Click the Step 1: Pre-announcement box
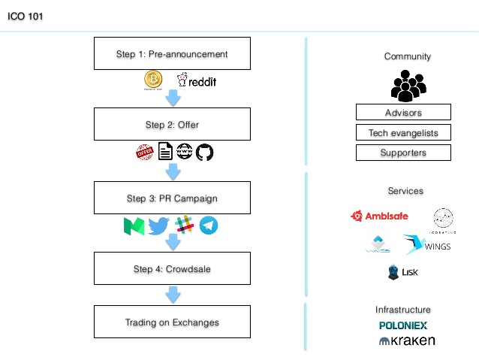point(172,54)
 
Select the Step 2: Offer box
point(172,125)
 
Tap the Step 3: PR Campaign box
point(172,198)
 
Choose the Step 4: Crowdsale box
point(172,268)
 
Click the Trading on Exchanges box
point(172,322)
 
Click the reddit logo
point(196,81)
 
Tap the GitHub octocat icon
point(205,153)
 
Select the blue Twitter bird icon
point(158,225)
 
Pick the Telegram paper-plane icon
point(209,225)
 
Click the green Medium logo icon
point(133,225)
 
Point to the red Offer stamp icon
point(144,153)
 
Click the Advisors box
point(403,113)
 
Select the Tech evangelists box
point(403,133)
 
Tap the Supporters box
point(403,153)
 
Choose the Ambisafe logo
point(379,216)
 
